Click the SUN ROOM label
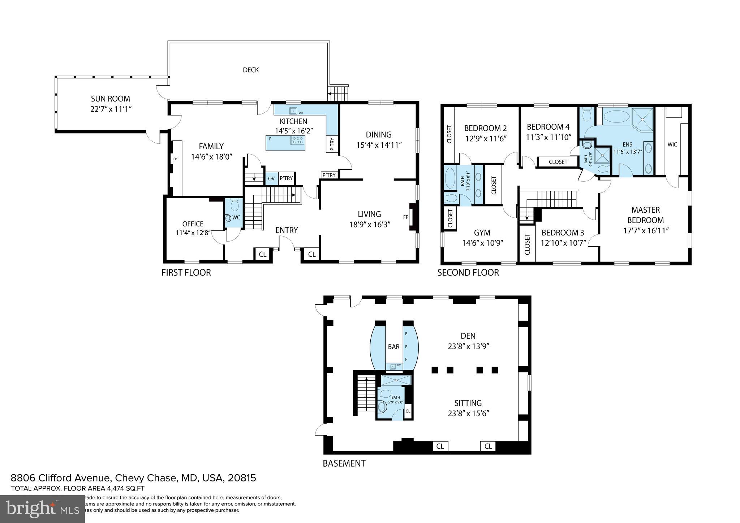(x=110, y=99)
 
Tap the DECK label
(x=251, y=70)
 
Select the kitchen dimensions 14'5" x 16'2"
(x=293, y=131)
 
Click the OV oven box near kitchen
(x=271, y=178)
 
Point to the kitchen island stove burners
(x=298, y=141)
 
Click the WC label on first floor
(x=236, y=217)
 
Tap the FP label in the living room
(x=405, y=217)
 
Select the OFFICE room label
(x=193, y=224)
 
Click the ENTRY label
(x=287, y=230)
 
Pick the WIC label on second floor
(x=672, y=144)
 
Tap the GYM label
(x=482, y=233)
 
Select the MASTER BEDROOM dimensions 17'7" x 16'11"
(x=646, y=230)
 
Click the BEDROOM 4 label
(x=548, y=127)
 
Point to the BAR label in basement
(x=393, y=347)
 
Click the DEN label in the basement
(x=468, y=336)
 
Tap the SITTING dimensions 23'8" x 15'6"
(x=468, y=414)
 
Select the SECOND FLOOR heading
(x=468, y=273)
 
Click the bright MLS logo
(x=42, y=509)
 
